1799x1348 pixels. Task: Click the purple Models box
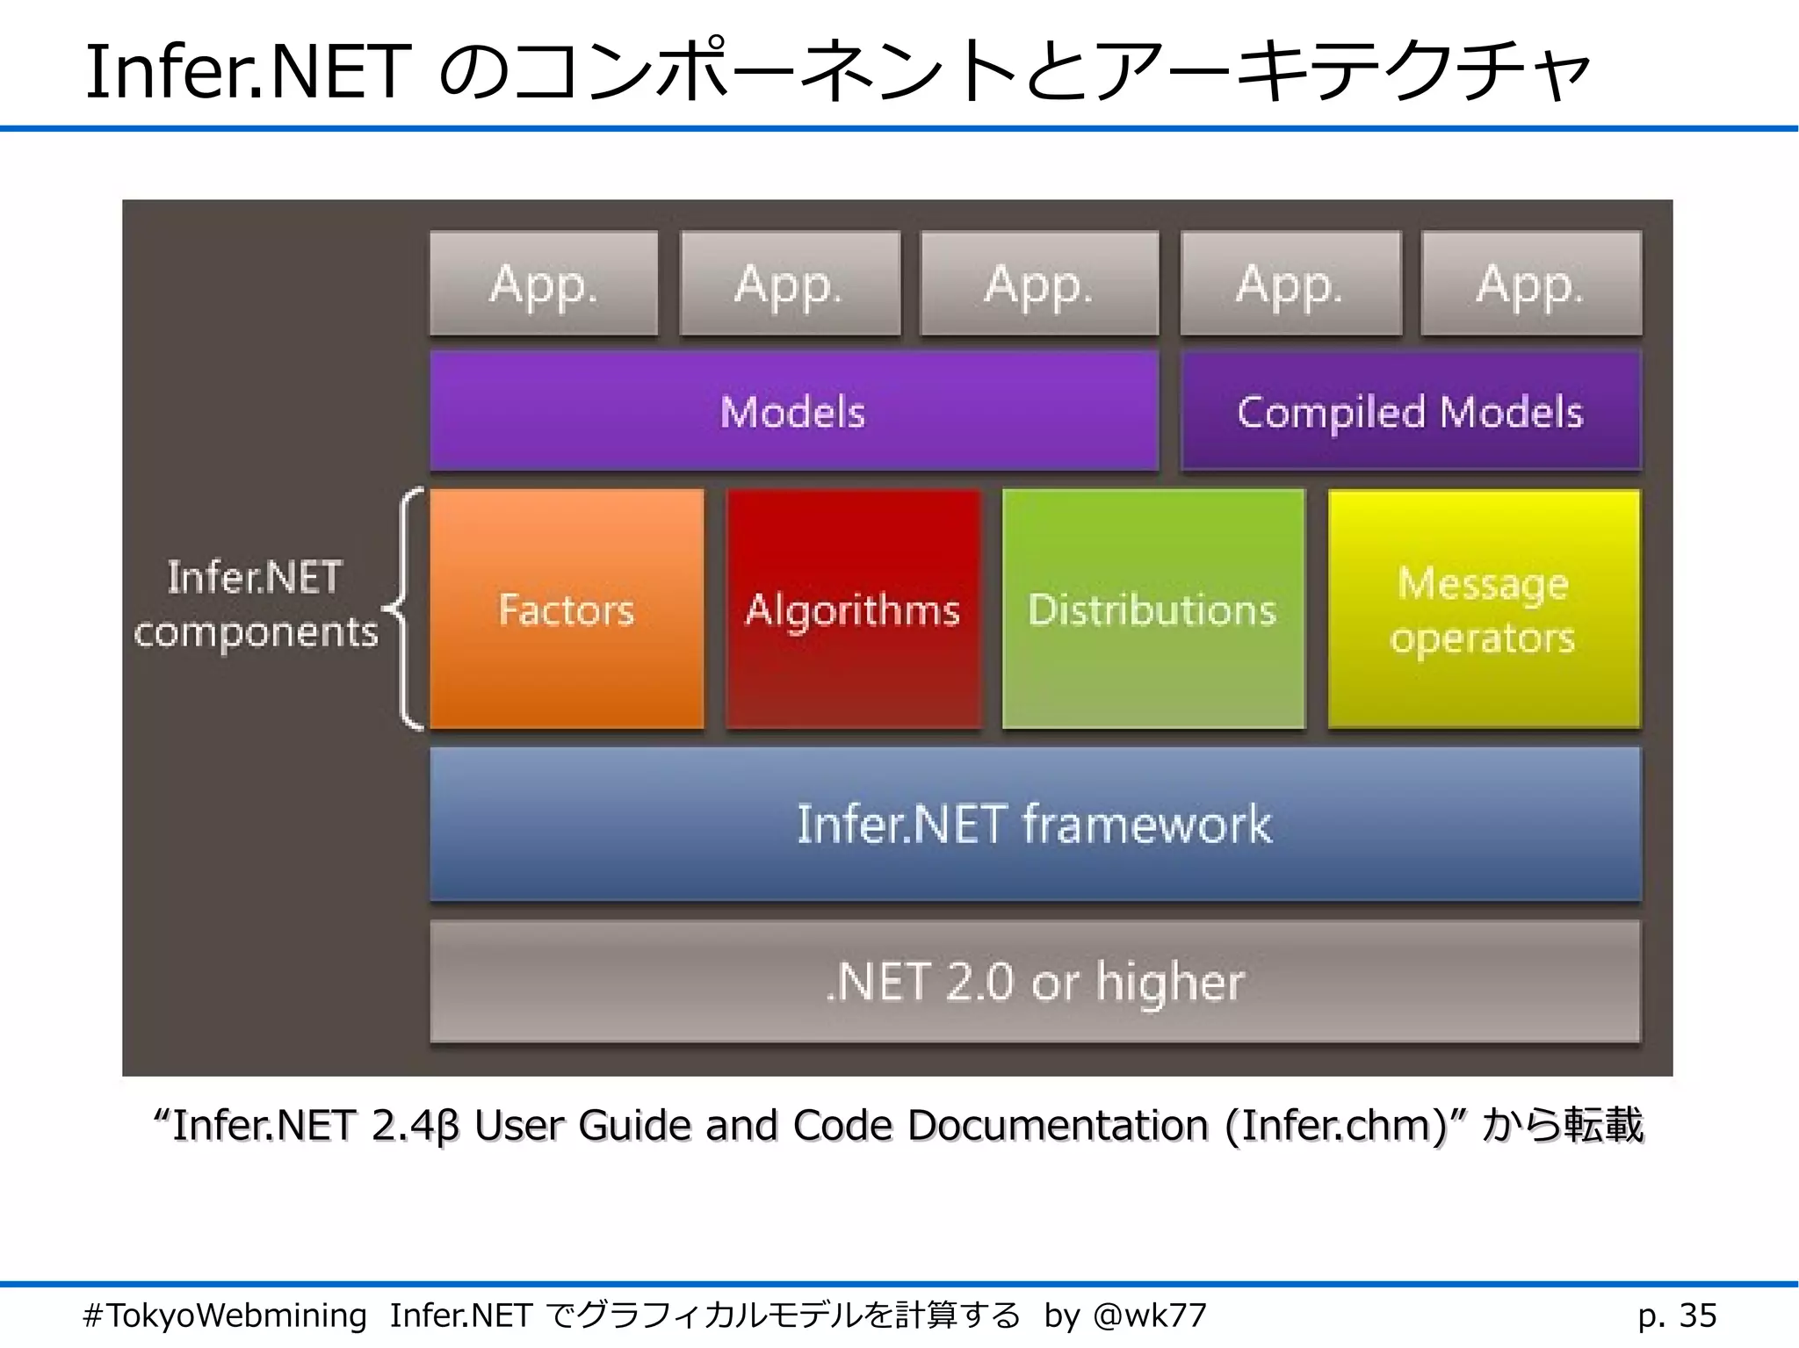point(793,411)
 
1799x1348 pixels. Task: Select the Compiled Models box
point(1410,411)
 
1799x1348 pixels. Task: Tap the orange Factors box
point(567,609)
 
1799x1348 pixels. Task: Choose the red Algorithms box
point(852,609)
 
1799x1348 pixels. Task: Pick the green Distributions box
point(1152,609)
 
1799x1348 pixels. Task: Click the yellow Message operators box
point(1483,609)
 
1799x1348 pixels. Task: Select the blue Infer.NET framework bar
point(1034,824)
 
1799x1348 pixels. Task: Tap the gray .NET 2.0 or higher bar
point(1034,981)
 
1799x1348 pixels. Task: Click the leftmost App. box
point(544,284)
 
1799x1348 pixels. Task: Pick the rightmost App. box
point(1530,284)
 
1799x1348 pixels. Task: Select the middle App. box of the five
point(1038,284)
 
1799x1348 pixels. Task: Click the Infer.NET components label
point(255,605)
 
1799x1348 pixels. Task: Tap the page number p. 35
point(1676,1316)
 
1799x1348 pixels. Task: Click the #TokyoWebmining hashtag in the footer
point(225,1316)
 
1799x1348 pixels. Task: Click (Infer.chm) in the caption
point(1336,1126)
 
